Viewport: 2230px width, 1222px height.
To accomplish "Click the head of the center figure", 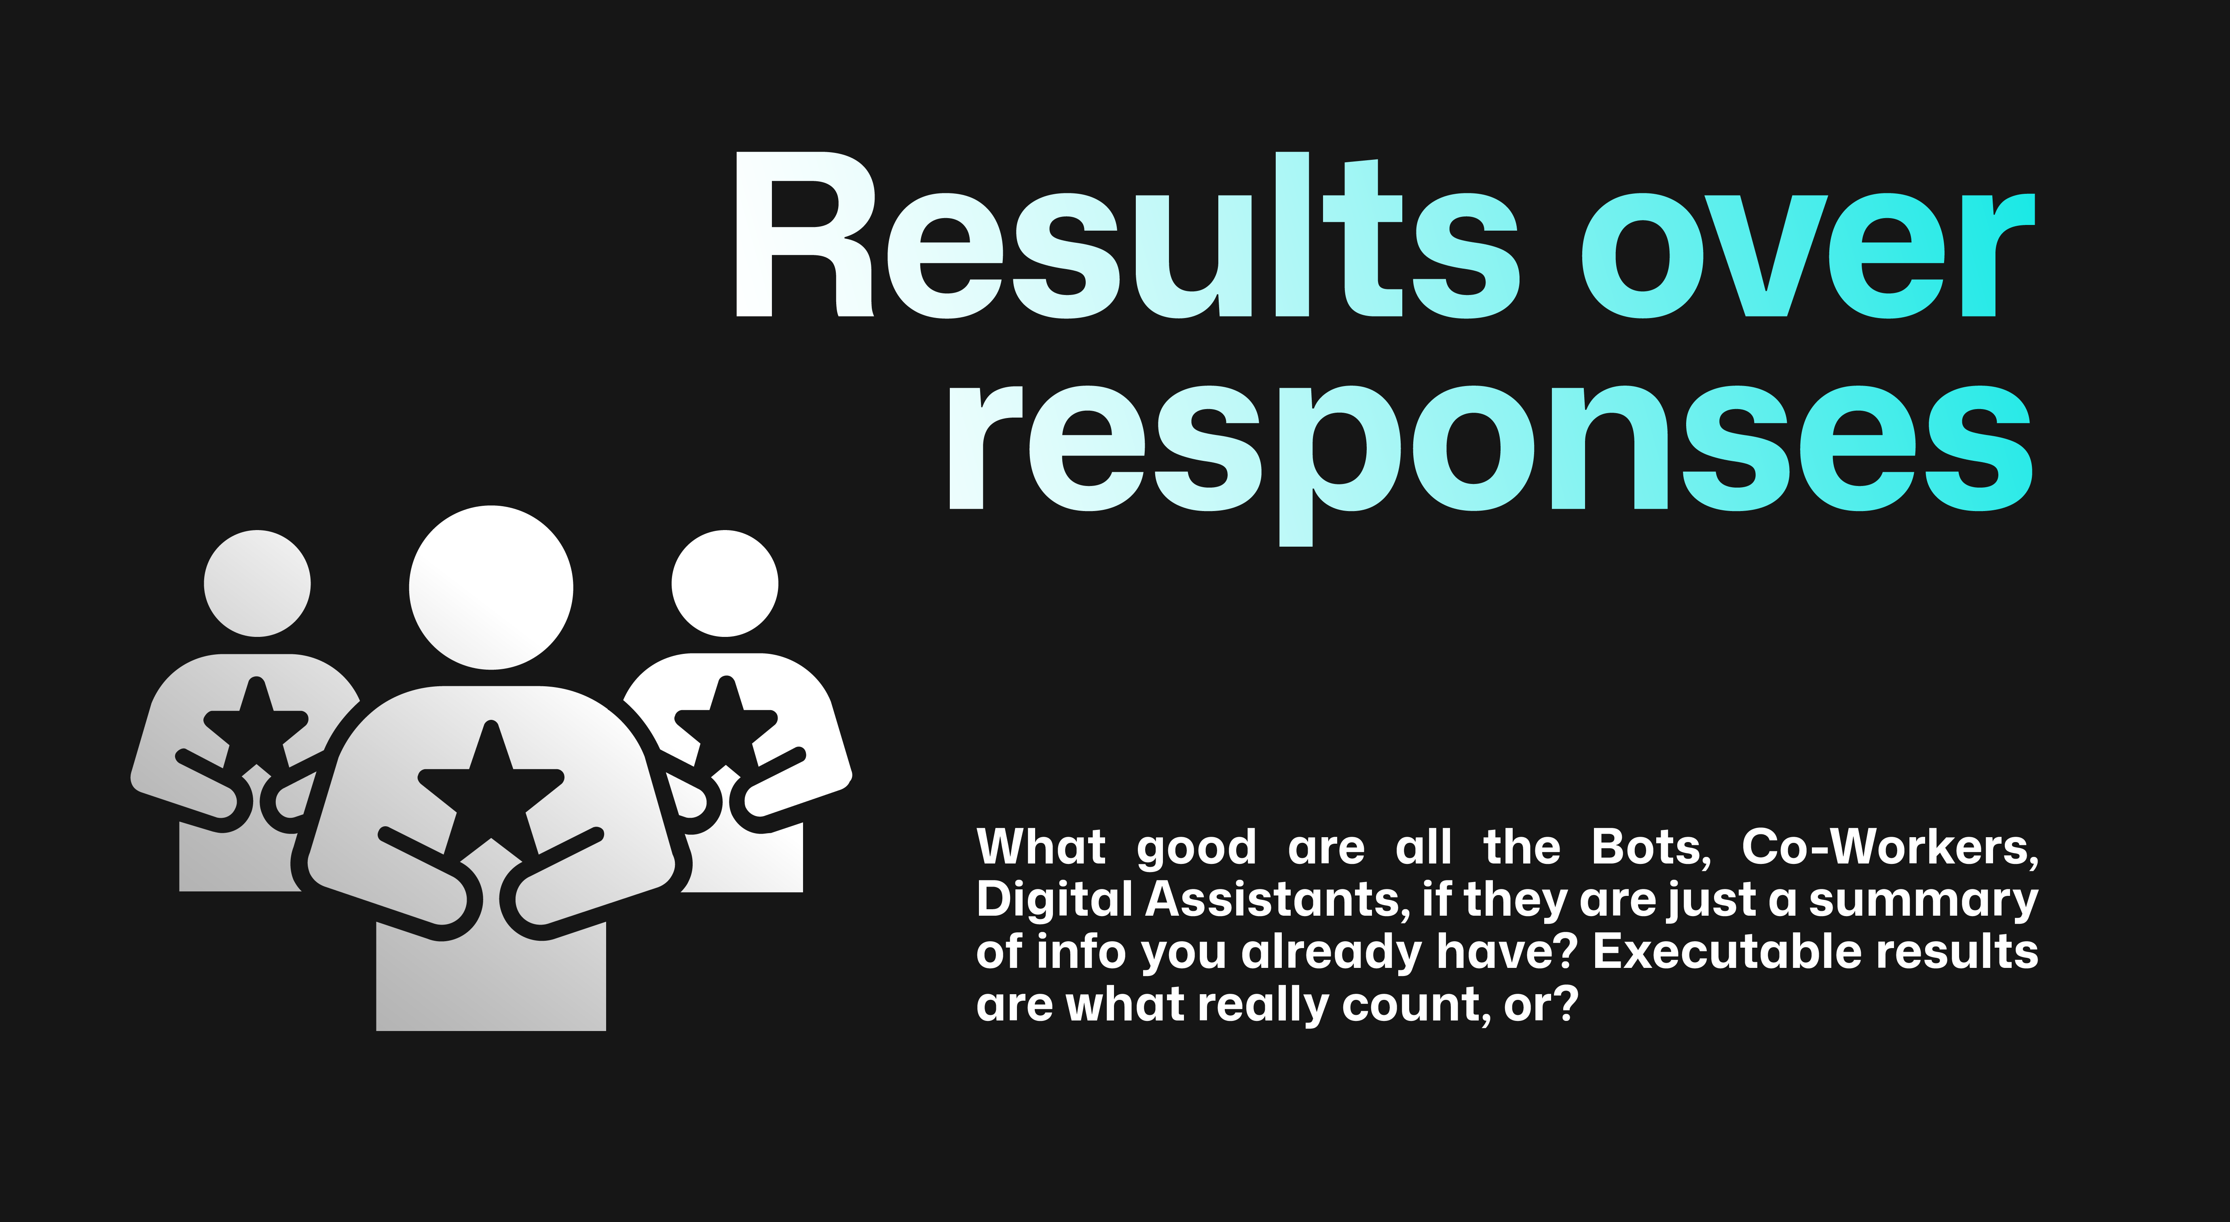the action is tap(491, 587).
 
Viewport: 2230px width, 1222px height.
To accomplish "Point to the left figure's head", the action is tap(257, 583).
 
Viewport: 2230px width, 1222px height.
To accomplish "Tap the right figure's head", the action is tap(725, 583).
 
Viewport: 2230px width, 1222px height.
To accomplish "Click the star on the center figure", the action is tap(491, 792).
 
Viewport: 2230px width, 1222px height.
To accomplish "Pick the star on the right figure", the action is tap(725, 726).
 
